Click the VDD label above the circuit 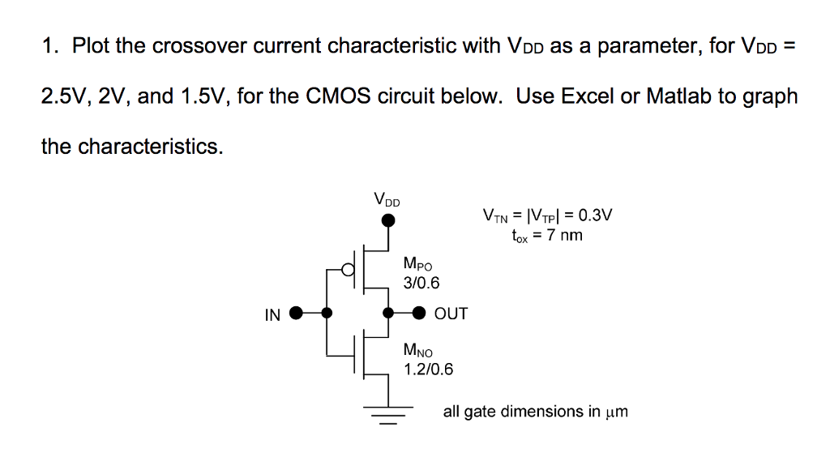387,199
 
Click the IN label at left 272,314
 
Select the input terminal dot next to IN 297,313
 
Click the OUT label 451,314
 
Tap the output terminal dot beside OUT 419,313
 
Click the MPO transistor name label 417,264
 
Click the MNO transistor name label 418,351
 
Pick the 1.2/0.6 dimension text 428,369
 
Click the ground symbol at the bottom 389,414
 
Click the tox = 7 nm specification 546,236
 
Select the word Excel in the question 588,96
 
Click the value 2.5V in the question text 65,96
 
